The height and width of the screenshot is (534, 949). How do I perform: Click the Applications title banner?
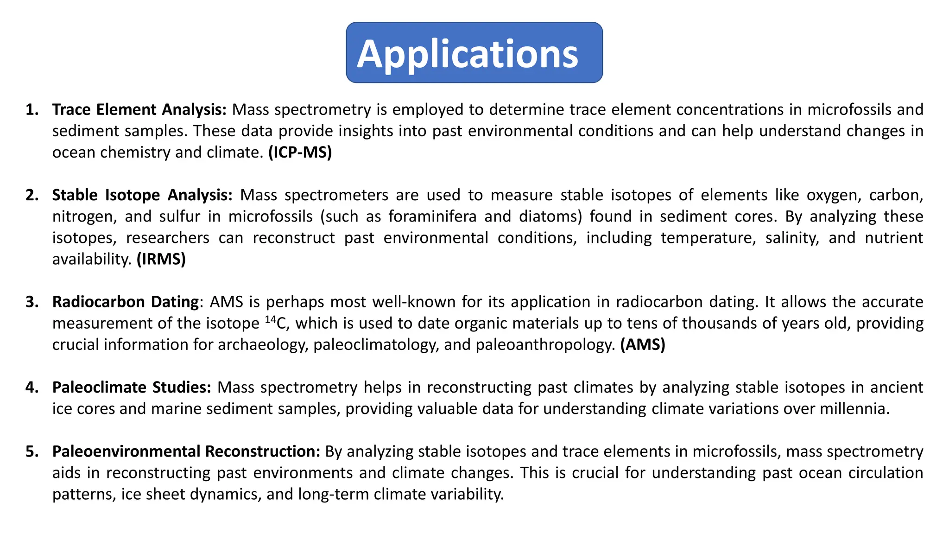(474, 53)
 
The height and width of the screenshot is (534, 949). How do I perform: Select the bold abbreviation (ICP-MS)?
(300, 153)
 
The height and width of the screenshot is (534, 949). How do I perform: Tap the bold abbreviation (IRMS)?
(161, 259)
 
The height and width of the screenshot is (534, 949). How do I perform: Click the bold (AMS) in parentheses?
(643, 345)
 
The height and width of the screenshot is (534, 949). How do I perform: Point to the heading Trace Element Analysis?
(139, 110)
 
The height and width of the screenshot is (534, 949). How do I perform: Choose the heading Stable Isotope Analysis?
(142, 195)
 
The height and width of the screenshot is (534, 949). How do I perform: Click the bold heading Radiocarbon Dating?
(126, 302)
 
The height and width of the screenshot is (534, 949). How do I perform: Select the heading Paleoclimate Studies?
(132, 388)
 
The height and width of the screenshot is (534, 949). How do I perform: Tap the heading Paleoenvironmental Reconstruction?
(186, 451)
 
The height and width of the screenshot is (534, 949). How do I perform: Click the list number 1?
(32, 110)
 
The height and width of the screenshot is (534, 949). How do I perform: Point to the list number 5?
(32, 451)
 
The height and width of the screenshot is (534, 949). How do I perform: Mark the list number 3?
(32, 302)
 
